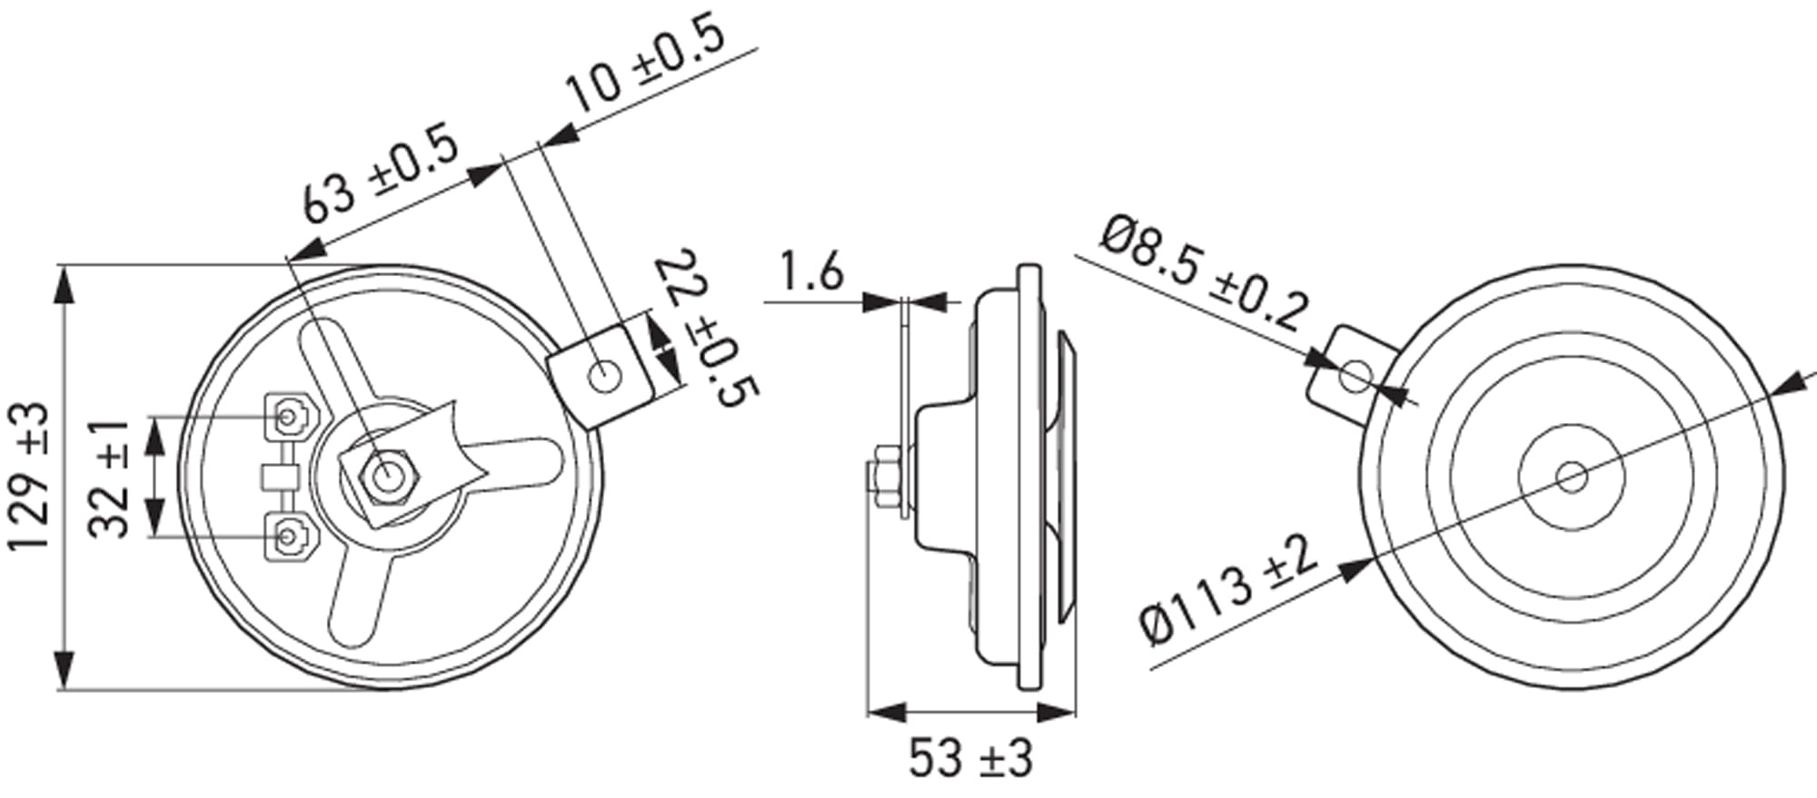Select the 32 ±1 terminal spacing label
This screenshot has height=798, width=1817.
(x=111, y=478)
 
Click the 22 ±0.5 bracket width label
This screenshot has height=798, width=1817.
(x=706, y=328)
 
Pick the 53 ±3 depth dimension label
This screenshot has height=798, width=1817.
(x=971, y=757)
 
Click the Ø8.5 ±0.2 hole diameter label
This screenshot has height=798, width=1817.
(x=1205, y=273)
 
